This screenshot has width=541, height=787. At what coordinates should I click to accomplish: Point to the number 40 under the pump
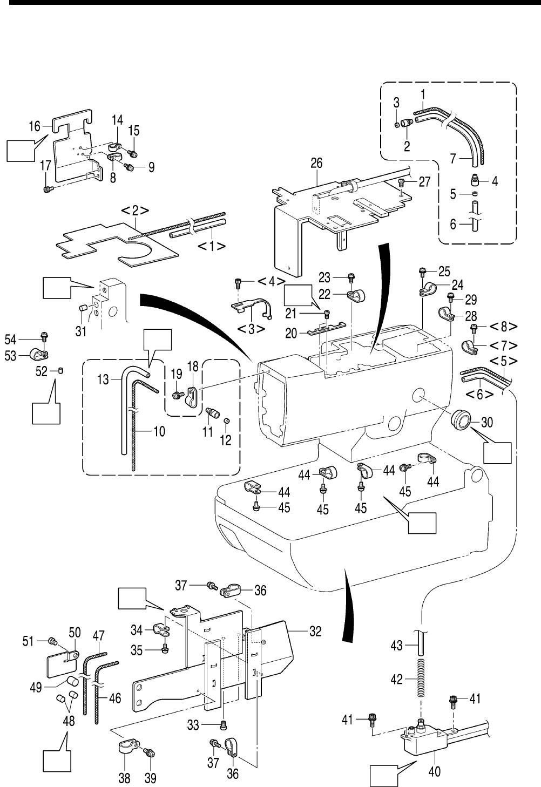[434, 772]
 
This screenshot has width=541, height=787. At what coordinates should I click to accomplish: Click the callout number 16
[35, 126]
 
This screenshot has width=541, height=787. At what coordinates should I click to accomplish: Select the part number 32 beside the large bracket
[315, 631]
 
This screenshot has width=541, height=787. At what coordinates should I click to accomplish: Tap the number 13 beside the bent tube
[103, 380]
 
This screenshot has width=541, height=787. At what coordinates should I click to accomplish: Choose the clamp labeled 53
[38, 354]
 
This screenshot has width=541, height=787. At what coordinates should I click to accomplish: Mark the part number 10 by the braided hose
[159, 431]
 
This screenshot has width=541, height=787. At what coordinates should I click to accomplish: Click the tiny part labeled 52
[61, 370]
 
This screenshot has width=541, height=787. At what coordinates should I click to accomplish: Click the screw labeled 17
[48, 189]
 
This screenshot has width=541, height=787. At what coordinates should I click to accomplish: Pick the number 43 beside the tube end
[397, 645]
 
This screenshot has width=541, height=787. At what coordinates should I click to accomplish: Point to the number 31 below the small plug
[80, 330]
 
